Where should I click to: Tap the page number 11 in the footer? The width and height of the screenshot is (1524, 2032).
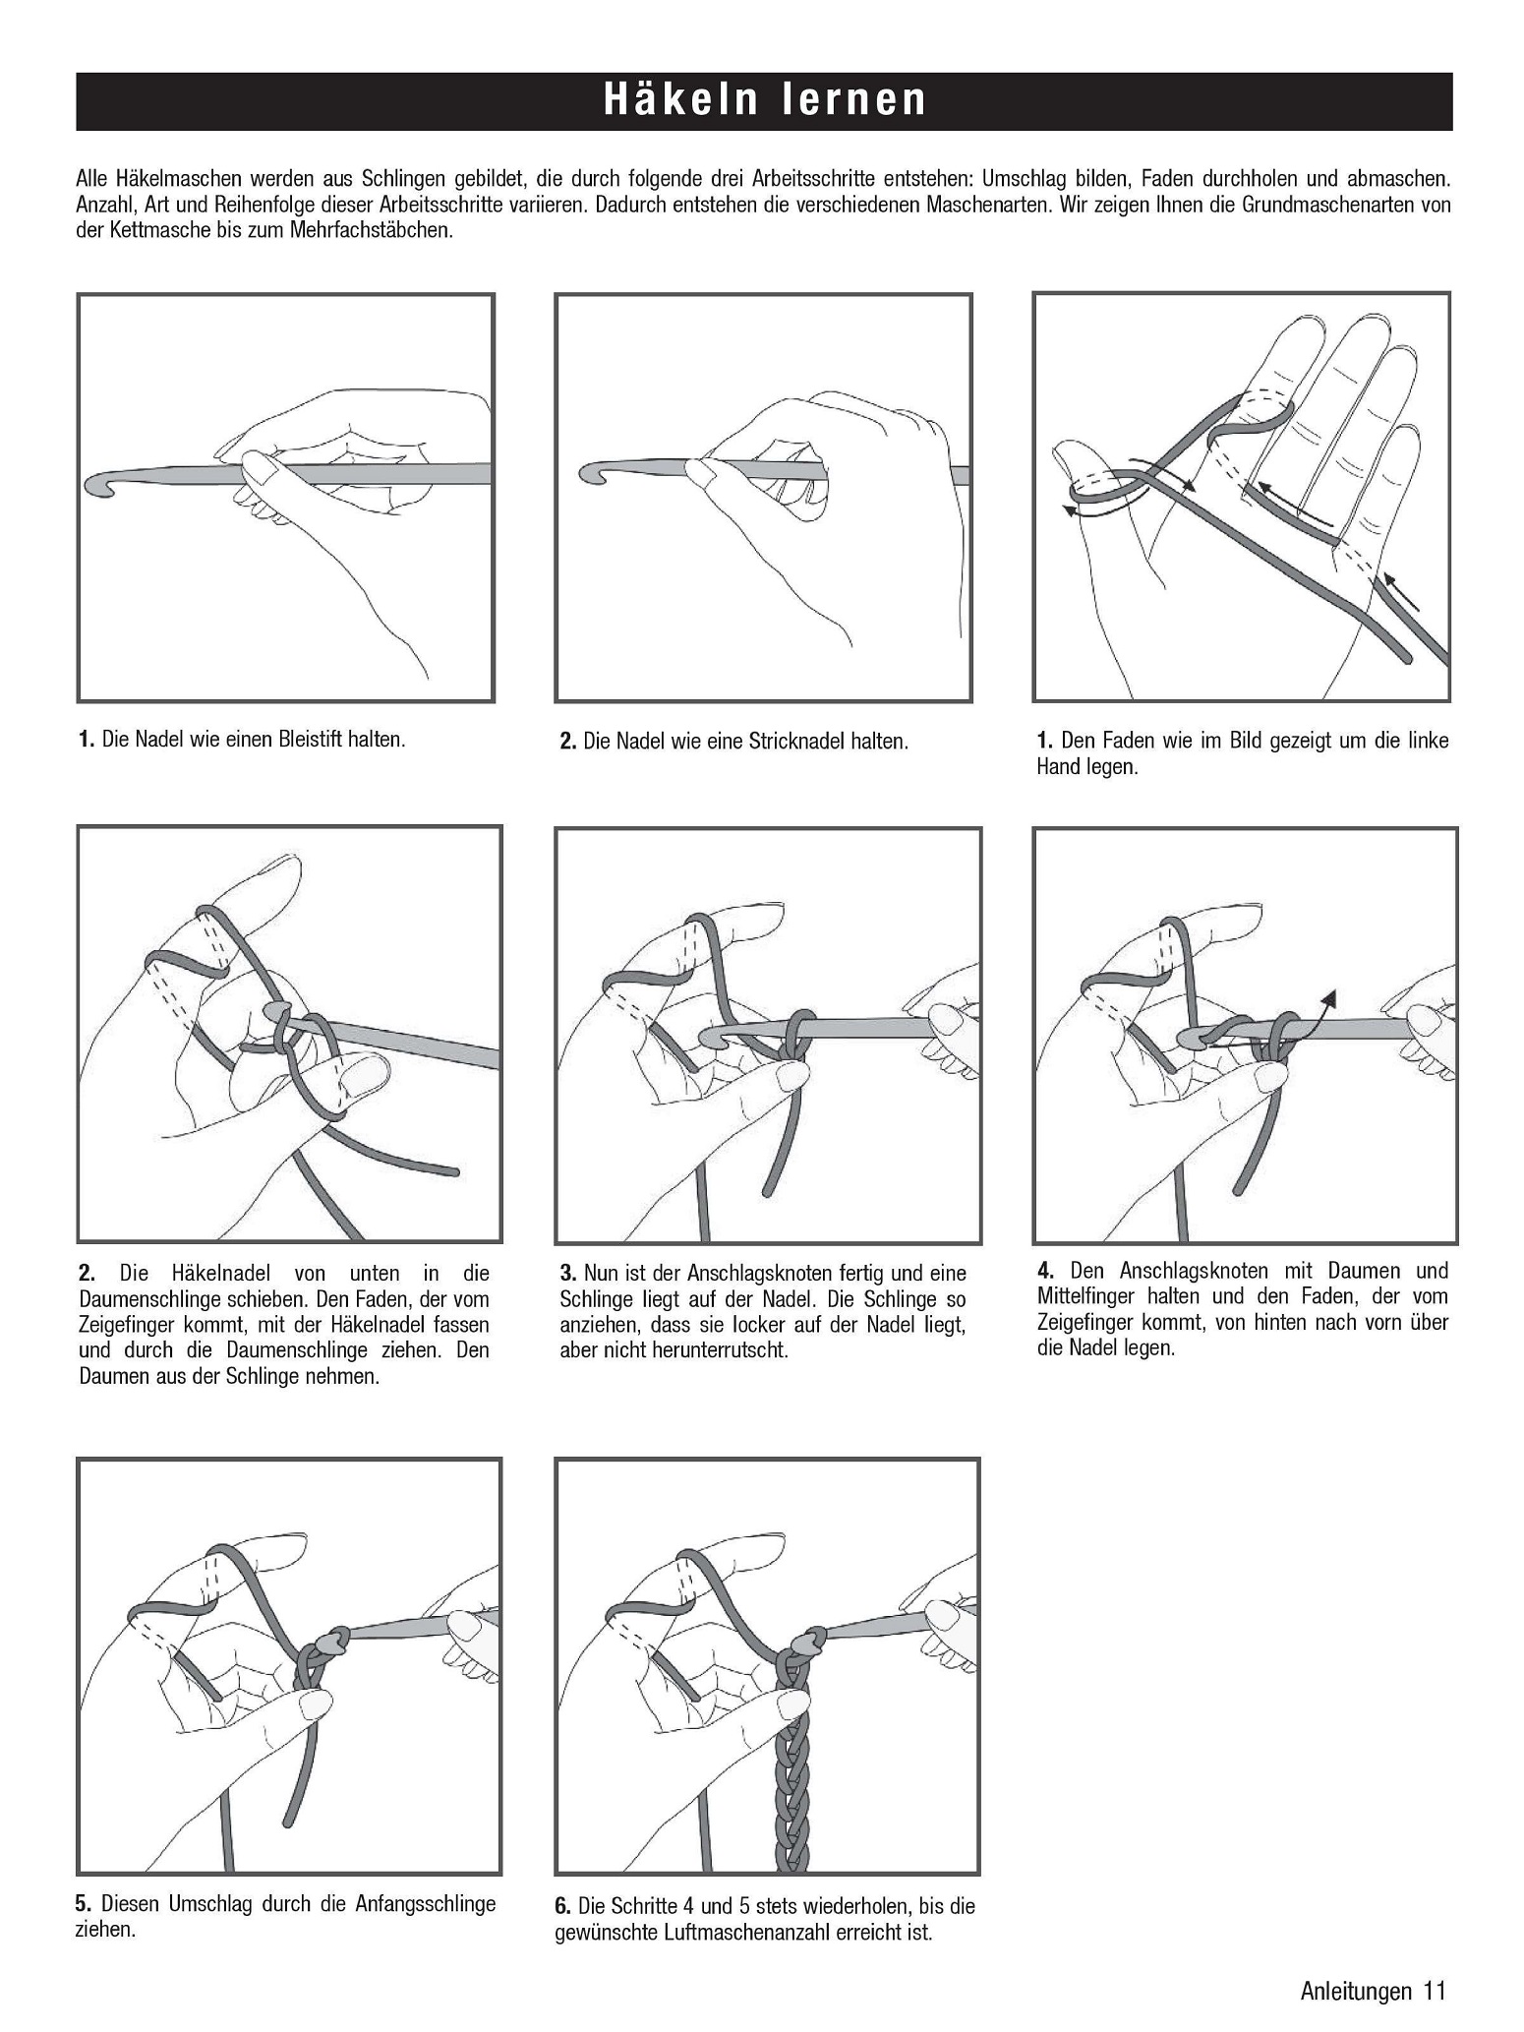pos(1434,1991)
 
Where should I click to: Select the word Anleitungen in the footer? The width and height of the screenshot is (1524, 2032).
pos(1355,1991)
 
